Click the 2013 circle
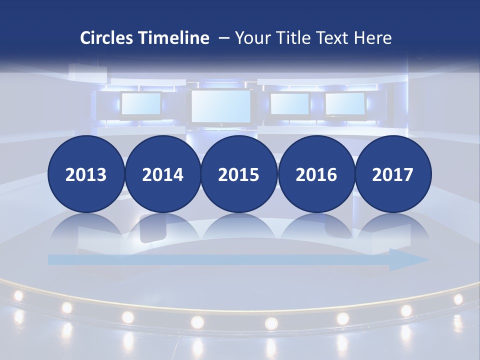pos(86,174)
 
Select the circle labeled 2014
pos(162,174)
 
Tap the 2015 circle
pos(239,174)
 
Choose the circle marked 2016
pos(316,174)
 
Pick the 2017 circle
pos(392,174)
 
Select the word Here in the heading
pos(373,38)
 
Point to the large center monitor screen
pos(221,106)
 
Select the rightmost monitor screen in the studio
pos(345,103)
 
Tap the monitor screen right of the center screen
pos(290,103)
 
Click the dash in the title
pos(223,38)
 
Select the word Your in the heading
pos(252,38)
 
